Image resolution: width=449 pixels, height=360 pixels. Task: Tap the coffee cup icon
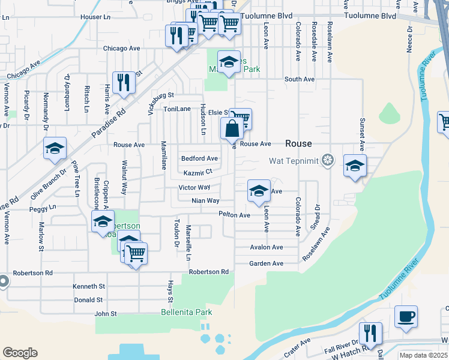click(406, 316)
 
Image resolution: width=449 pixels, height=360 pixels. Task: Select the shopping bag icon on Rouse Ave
click(232, 129)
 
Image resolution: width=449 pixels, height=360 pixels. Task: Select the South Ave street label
click(299, 79)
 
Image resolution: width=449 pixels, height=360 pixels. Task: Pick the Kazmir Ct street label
click(198, 172)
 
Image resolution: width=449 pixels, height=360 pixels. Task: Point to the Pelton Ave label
click(234, 215)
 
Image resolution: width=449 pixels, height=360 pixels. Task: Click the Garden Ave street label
click(266, 263)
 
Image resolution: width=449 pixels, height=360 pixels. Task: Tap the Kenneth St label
click(89, 286)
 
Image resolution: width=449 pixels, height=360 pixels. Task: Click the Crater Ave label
click(297, 348)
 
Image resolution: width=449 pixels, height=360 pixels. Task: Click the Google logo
click(20, 353)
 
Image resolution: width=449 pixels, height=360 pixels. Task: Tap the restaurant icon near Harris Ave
click(124, 83)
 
